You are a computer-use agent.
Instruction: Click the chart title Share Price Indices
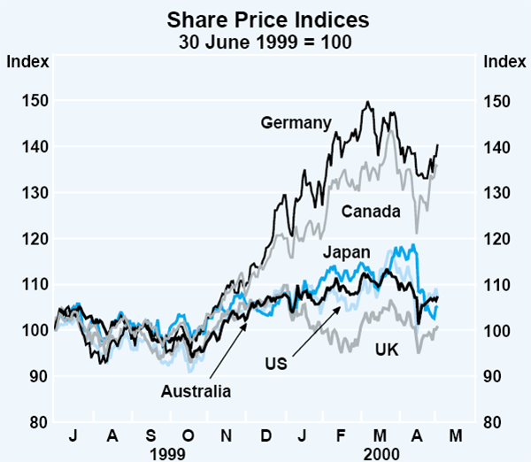(265, 17)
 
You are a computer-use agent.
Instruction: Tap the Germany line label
(296, 123)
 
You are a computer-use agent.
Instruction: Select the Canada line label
(372, 211)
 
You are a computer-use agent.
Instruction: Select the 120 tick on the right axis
(498, 238)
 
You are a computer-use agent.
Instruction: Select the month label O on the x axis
(188, 435)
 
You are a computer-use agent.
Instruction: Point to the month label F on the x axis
(342, 435)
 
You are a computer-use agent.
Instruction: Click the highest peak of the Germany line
(366, 102)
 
